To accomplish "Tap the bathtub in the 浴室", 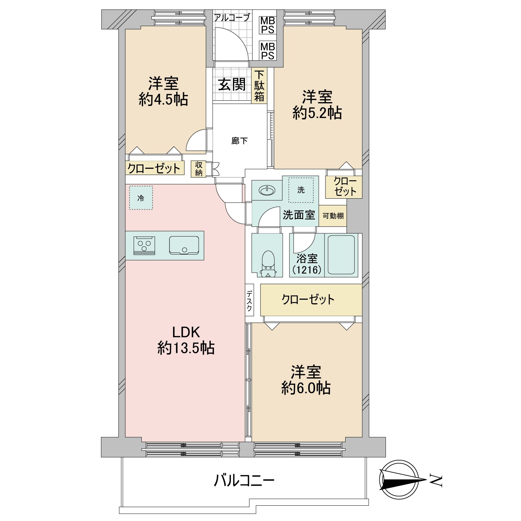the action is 341,255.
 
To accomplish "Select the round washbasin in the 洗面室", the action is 267,190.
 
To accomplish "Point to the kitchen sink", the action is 184,246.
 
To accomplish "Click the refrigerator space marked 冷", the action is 141,198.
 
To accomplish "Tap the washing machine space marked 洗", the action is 301,190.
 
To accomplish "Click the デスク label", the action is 249,301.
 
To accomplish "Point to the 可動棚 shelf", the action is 333,216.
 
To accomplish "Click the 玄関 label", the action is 232,84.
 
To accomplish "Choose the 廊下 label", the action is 239,141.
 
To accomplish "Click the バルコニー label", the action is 244,481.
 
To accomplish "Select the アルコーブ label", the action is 232,17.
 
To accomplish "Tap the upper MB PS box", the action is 267,25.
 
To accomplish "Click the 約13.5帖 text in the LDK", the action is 186,348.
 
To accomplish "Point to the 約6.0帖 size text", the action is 306,388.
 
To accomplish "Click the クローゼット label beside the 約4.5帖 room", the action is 154,168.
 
